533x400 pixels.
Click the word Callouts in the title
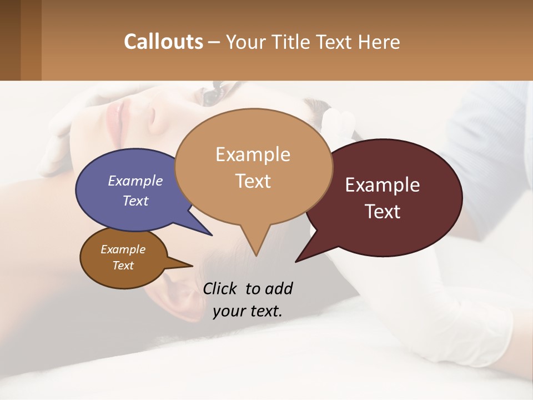[x=163, y=42]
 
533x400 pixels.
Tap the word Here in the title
[x=380, y=42]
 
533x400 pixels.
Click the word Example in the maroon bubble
[x=383, y=185]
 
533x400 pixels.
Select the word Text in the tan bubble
[x=253, y=181]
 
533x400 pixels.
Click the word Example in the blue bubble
[x=135, y=181]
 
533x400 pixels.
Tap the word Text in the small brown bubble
[x=123, y=266]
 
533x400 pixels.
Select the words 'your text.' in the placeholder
[x=248, y=311]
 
